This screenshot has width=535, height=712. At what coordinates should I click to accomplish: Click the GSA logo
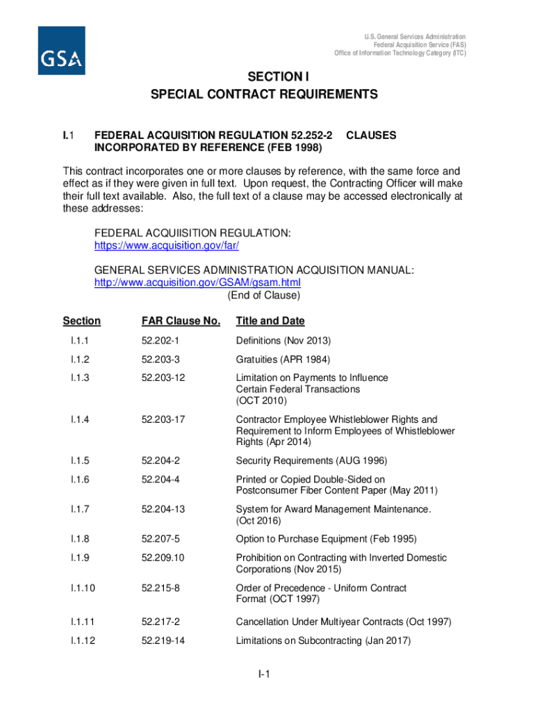click(61, 51)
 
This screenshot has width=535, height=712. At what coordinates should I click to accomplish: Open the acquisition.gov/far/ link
click(171, 246)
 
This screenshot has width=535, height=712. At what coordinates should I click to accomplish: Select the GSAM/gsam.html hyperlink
click(197, 283)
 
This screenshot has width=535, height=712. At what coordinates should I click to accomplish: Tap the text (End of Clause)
click(264, 295)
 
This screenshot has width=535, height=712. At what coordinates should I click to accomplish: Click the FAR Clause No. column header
click(181, 321)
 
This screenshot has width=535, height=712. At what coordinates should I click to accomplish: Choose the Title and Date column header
click(270, 321)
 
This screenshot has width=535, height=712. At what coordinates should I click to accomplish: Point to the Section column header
click(81, 321)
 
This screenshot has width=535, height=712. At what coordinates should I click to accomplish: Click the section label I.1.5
click(79, 460)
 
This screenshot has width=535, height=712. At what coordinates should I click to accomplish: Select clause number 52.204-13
click(163, 509)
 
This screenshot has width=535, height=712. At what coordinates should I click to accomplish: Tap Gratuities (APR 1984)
click(283, 359)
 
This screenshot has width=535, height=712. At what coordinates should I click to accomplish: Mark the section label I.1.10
click(82, 588)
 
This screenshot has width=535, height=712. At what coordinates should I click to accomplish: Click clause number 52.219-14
click(163, 640)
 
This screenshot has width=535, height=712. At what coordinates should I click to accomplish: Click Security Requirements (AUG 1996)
click(311, 460)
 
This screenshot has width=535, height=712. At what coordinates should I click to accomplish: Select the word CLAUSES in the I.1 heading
click(371, 136)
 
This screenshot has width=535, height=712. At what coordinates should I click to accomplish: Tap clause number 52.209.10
click(163, 558)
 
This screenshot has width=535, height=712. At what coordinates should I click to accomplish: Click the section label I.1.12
click(82, 640)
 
